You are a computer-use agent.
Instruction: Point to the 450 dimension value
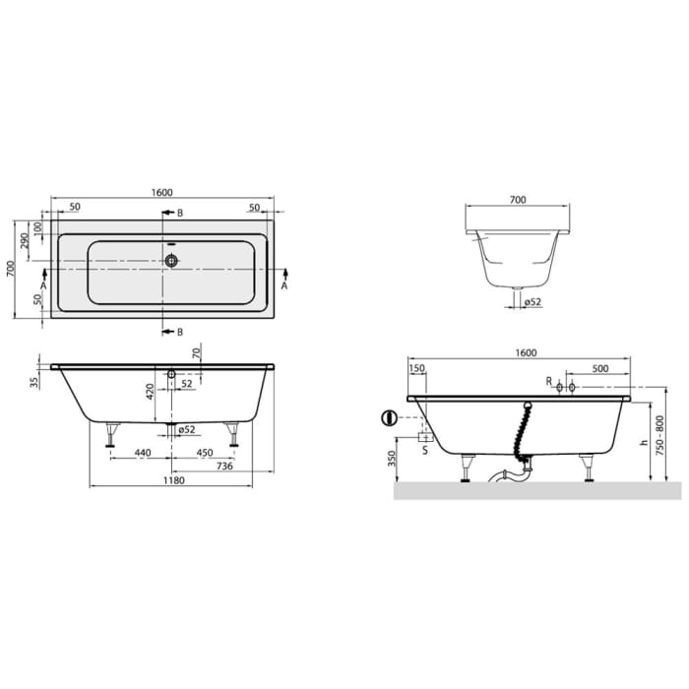click(x=204, y=453)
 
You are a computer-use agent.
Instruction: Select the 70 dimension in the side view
click(x=196, y=352)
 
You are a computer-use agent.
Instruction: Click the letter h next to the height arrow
click(x=642, y=443)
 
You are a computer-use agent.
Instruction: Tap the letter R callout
click(x=548, y=381)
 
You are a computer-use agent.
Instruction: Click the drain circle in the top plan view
click(x=172, y=261)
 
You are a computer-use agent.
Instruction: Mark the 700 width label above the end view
click(x=517, y=200)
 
